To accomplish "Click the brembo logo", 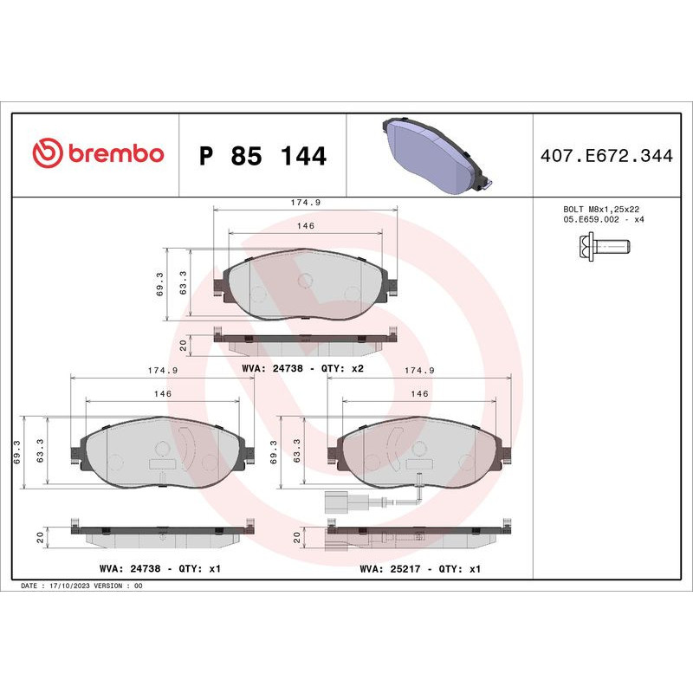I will tap(97, 154).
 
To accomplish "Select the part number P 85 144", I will tap(262, 157).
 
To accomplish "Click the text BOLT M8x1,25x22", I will tap(600, 210).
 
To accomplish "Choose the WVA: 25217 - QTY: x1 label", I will tap(420, 569).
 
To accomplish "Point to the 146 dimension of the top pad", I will tap(305, 225).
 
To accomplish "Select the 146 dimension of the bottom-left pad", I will tap(162, 394).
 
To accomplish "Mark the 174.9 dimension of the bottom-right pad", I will tap(419, 371).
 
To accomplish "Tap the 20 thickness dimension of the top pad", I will tap(184, 344).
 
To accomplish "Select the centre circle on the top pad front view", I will tap(305, 280).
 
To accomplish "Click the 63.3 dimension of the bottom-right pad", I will tap(297, 450).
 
